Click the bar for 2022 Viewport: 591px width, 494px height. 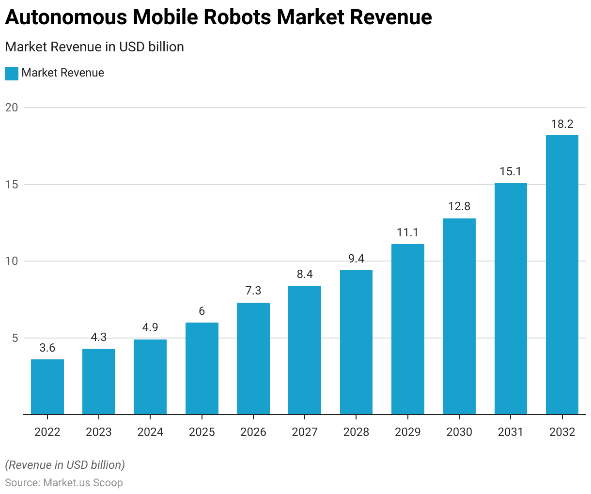coord(47,386)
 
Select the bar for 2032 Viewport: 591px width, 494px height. coord(562,275)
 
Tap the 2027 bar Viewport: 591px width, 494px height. coord(305,350)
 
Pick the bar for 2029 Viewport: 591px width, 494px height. coord(408,329)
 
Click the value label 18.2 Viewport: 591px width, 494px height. coord(562,124)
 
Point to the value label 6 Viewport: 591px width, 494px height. coord(202,311)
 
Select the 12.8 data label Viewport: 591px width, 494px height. coord(459,206)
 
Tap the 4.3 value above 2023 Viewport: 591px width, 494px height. coord(99,337)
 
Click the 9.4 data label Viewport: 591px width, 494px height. coord(356,259)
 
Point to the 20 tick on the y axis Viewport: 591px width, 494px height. coord(12,108)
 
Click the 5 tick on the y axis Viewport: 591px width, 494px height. coord(15,338)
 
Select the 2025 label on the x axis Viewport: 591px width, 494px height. coord(202,432)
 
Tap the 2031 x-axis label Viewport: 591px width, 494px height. coord(511,432)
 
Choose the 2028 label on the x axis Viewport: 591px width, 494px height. coord(356,432)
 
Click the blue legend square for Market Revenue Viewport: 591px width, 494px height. coord(12,73)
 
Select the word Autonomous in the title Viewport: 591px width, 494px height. coord(66,17)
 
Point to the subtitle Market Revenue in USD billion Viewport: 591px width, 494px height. coord(94,47)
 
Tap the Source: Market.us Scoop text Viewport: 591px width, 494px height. coord(64,482)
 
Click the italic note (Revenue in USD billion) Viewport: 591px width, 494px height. coord(65,465)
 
